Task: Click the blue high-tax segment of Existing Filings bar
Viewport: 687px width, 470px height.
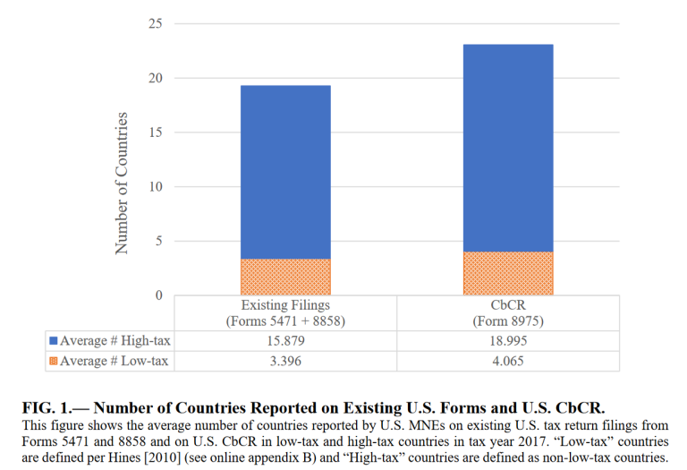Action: click(285, 172)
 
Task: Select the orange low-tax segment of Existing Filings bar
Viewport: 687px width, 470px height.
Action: click(285, 277)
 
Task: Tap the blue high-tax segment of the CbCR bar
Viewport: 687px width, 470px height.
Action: click(508, 148)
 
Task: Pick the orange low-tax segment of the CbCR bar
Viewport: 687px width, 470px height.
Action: click(508, 273)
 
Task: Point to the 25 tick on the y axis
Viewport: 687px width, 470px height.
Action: click(156, 23)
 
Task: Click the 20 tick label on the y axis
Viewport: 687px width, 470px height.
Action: click(156, 78)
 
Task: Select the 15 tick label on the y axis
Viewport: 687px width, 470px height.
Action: click(156, 132)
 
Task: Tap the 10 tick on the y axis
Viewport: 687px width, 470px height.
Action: click(156, 187)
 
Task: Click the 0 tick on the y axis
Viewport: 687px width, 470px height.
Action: click(158, 295)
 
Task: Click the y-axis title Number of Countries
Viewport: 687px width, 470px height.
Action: click(122, 184)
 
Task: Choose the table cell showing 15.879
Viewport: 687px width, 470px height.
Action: click(285, 341)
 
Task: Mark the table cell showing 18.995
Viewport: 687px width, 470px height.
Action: click(508, 341)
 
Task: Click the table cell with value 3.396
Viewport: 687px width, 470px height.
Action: click(285, 361)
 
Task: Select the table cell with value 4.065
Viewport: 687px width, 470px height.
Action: click(508, 361)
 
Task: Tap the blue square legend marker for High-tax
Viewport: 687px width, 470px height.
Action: click(54, 341)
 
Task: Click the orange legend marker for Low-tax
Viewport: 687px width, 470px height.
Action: click(54, 361)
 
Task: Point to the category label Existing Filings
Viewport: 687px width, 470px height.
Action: click(285, 304)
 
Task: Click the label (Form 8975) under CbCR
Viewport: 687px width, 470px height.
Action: click(508, 321)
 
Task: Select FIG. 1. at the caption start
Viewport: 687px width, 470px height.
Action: click(47, 407)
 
